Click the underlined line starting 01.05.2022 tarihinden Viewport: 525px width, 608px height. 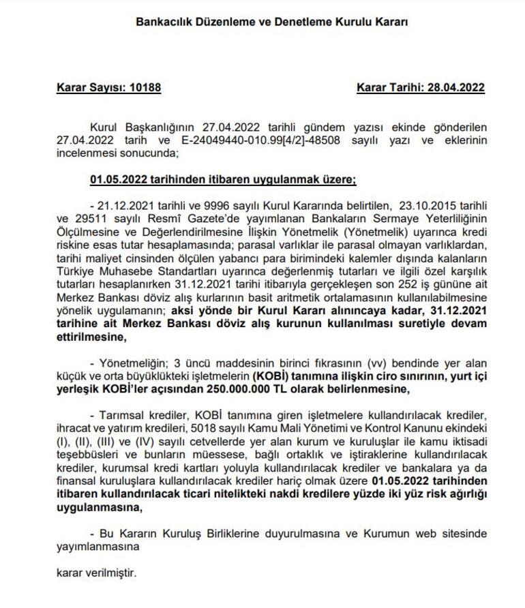click(x=223, y=181)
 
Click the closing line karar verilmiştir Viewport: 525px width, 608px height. click(x=96, y=573)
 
